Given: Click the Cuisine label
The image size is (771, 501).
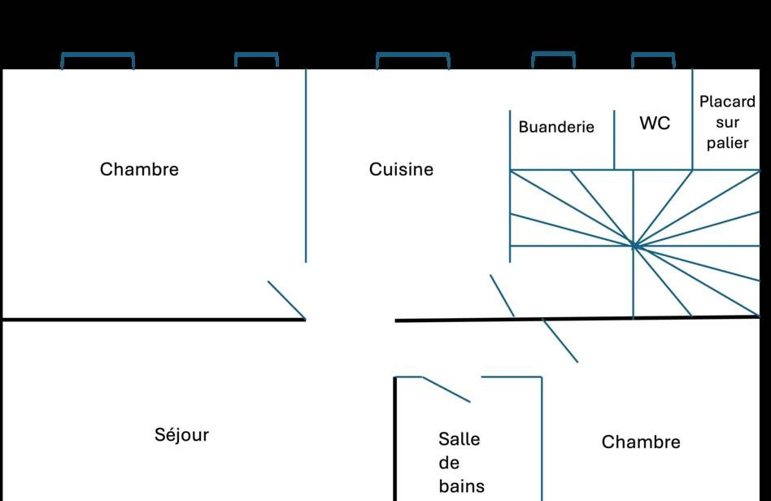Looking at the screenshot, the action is point(401,169).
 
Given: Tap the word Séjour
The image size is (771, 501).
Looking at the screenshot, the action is point(181,434).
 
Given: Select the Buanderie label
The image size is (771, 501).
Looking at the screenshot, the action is point(556,127).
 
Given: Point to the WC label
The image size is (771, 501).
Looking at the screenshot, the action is point(655,123).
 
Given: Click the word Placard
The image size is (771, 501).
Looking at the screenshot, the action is point(727,102).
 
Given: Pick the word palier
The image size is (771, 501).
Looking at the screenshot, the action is point(727,142).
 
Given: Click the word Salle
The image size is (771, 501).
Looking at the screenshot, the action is point(459,438).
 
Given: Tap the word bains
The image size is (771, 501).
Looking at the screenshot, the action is point(461,486).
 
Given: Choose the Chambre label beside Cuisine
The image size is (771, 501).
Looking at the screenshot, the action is point(139,169).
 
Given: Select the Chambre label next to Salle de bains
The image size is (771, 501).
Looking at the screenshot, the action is point(641,442).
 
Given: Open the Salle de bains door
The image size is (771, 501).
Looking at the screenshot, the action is point(446,390).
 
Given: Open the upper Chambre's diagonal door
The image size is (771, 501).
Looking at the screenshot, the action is point(286,300).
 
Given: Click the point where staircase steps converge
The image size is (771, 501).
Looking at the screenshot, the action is point(634,245).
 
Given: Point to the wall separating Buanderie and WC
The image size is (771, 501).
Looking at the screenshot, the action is point(614,140).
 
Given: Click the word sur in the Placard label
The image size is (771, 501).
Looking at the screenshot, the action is point(727,123).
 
